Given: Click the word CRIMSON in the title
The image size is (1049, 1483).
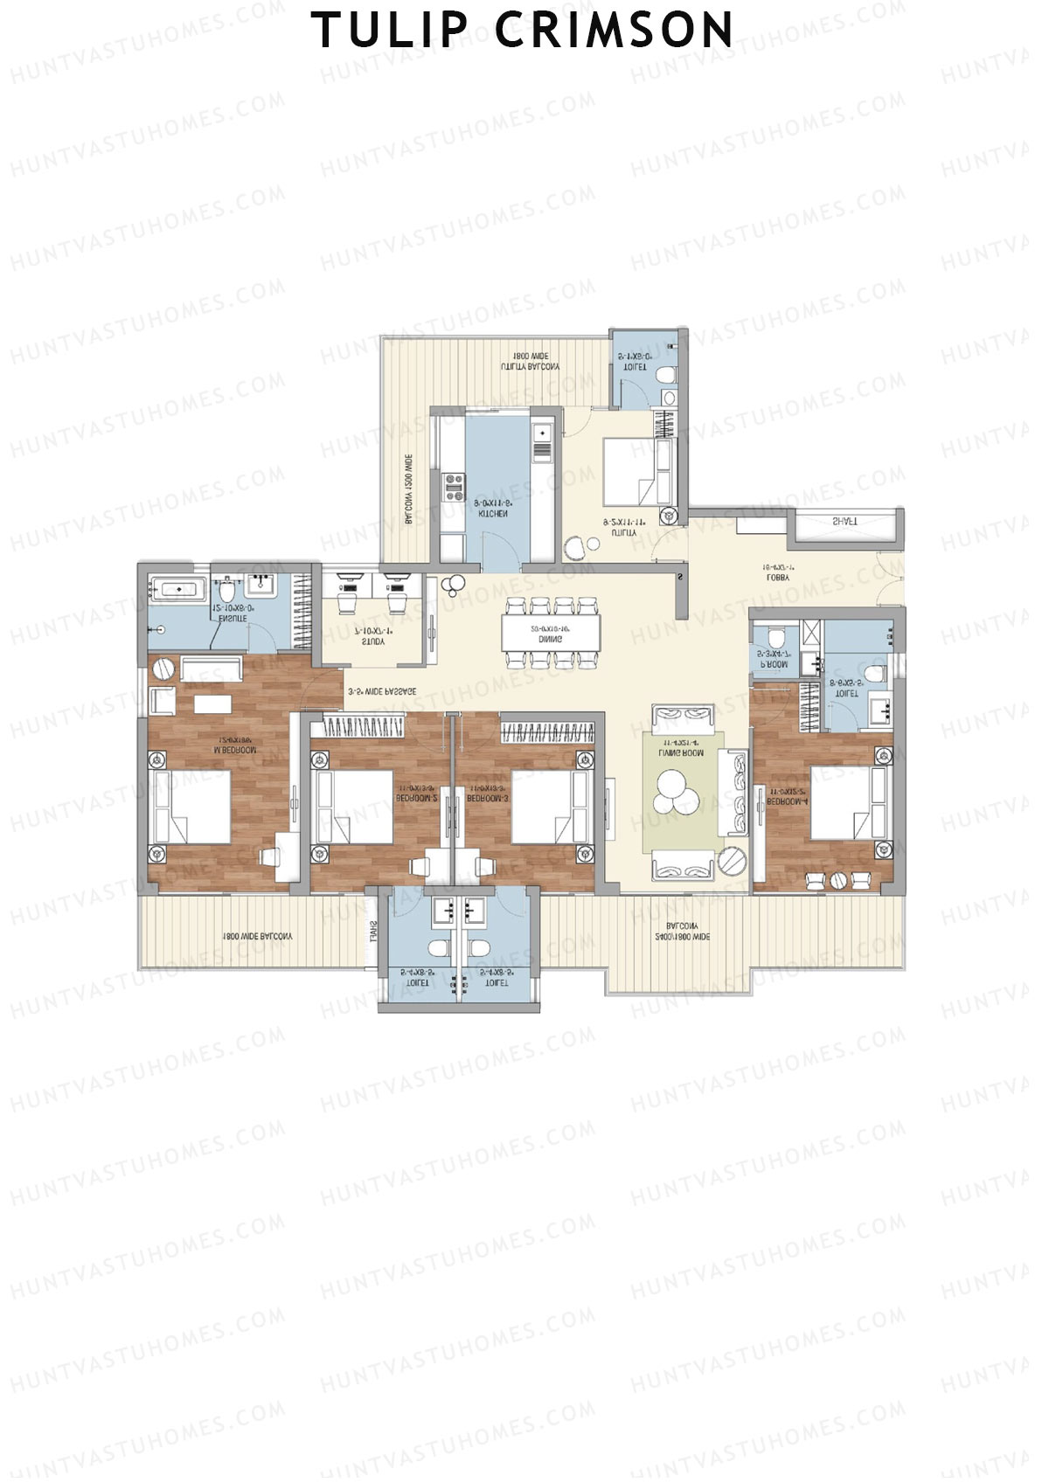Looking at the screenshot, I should coord(615,30).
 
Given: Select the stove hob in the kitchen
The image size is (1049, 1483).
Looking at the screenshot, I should coord(454,487).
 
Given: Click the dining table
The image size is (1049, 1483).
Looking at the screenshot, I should coord(551,633).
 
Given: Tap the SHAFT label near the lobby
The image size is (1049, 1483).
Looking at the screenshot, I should coord(844,522).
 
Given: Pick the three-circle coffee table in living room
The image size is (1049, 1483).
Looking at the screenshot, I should coord(677,791).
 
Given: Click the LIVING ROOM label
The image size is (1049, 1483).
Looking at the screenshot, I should coord(682,752).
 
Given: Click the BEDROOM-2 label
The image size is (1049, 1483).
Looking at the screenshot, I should coord(415,799).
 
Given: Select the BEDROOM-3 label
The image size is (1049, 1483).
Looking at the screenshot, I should coord(488,799).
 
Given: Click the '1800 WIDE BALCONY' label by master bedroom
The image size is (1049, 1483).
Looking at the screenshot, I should coord(258,936).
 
